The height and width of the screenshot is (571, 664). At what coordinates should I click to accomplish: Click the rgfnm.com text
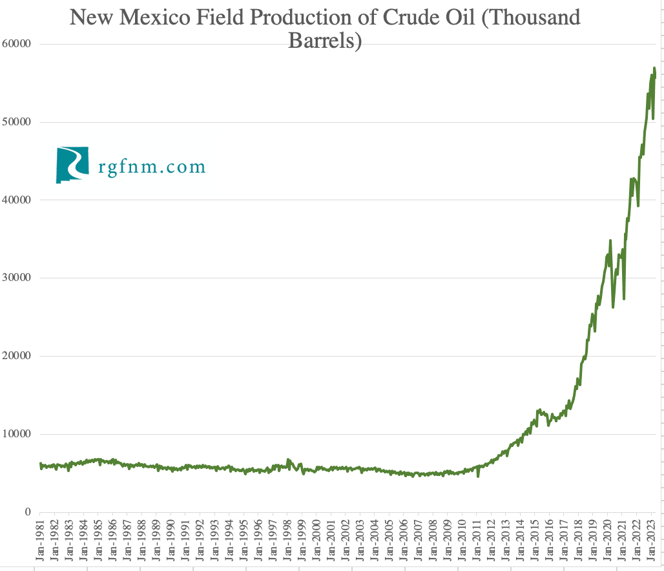(152, 167)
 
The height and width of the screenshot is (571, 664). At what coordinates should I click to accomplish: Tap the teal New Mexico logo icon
(71, 165)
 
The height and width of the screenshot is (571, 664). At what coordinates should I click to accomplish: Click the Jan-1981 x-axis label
(40, 541)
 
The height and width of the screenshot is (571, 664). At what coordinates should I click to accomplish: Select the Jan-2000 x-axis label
(316, 541)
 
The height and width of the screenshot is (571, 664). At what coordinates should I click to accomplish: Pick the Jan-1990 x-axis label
(171, 541)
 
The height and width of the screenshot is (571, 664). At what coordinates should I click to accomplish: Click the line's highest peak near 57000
(654, 68)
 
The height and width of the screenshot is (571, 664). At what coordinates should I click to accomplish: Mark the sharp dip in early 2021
(624, 298)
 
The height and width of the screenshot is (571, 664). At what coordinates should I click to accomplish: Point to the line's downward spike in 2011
(478, 476)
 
